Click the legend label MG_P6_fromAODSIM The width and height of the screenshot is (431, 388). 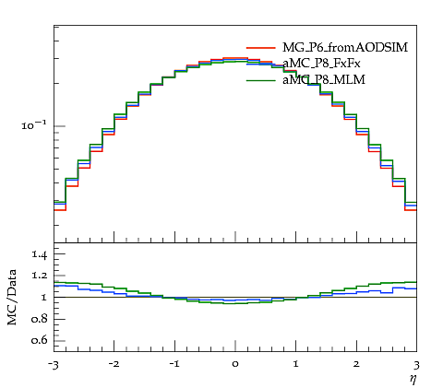click(345, 48)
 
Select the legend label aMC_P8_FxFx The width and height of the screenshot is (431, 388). click(321, 64)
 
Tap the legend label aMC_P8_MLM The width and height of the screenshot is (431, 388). click(324, 80)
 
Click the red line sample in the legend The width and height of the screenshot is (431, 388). click(261, 48)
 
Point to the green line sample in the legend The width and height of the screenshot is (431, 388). click(261, 80)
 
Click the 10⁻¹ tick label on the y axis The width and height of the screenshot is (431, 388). click(34, 125)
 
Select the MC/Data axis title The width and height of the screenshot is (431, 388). click(12, 298)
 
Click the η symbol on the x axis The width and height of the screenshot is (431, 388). click(413, 379)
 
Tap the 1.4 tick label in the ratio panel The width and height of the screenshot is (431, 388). click(39, 254)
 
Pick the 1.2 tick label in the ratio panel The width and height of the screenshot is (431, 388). click(39, 276)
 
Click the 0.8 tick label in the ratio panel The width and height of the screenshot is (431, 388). click(39, 319)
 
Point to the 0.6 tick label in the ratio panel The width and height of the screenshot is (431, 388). click(39, 340)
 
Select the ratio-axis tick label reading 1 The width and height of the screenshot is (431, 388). click(43, 297)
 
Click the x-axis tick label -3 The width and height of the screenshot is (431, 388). click(54, 365)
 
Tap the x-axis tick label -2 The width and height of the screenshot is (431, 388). click(114, 364)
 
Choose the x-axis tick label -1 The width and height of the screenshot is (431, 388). click(174, 364)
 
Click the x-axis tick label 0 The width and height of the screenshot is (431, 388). click(235, 364)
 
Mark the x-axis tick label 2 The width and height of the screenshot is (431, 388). click(356, 364)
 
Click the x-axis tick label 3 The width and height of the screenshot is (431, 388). click(416, 365)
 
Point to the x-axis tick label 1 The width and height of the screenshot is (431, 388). click(296, 364)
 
